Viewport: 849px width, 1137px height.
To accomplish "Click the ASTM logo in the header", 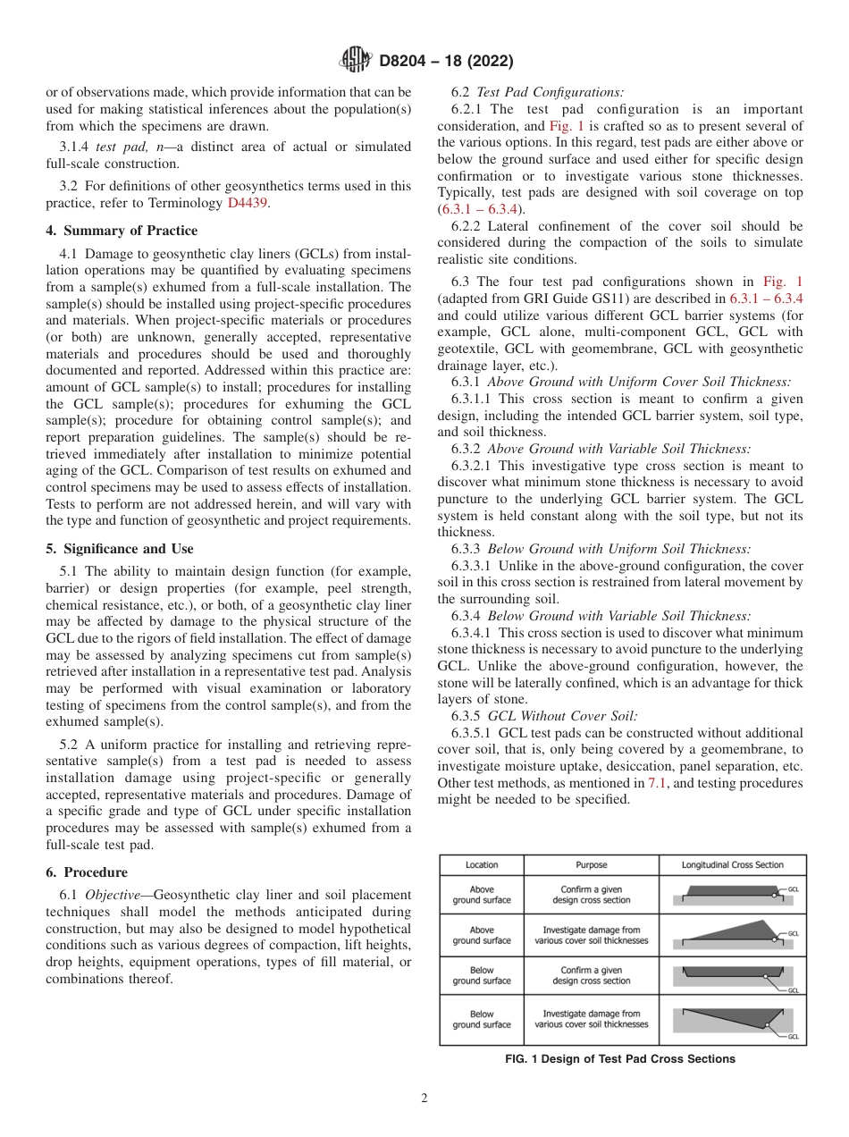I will pyautogui.click(x=355, y=62).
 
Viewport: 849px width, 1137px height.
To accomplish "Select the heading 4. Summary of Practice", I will pyautogui.click(x=122, y=231).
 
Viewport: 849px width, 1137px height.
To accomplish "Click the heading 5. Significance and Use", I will pyautogui.click(x=119, y=549).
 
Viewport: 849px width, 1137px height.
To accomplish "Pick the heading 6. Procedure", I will pyautogui.click(x=87, y=872).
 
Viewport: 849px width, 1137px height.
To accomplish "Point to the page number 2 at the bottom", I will pyautogui.click(x=424, y=1099).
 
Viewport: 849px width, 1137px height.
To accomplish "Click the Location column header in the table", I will pyautogui.click(x=482, y=864).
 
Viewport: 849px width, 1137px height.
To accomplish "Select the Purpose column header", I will pyautogui.click(x=591, y=864).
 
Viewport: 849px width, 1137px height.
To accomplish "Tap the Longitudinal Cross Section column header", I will pyautogui.click(x=732, y=864).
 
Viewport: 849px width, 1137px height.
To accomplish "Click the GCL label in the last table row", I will pyautogui.click(x=793, y=1036).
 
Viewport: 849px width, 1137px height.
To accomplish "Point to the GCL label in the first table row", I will pyautogui.click(x=794, y=890).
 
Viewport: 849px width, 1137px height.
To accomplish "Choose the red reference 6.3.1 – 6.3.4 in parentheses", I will pyautogui.click(x=475, y=209).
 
